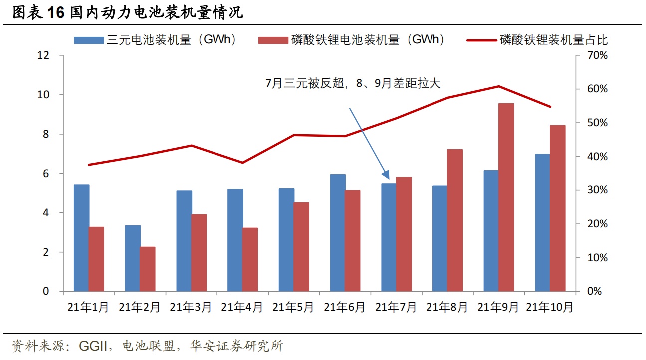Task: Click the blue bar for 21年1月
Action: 81,238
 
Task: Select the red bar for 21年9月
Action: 506,197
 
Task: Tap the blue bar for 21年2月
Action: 133,258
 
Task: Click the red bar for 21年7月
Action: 404,234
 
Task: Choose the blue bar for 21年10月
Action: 542,222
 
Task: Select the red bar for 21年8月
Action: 455,220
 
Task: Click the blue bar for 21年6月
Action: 338,232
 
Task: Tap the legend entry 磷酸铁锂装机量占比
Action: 554,40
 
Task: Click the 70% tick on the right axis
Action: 596,55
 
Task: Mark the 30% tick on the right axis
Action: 596,190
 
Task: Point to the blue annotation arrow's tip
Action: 389,178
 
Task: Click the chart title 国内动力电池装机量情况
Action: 156,13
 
